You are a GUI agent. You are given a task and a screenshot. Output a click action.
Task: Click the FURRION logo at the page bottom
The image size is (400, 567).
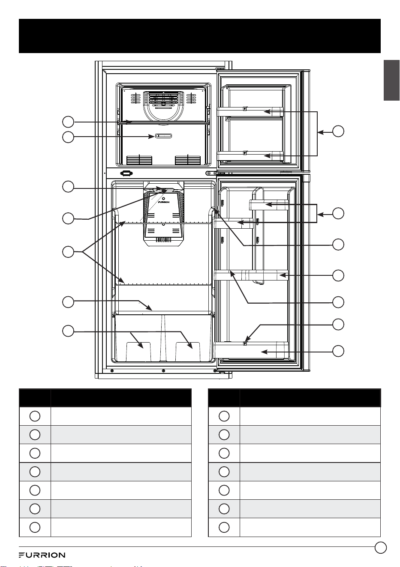point(42,555)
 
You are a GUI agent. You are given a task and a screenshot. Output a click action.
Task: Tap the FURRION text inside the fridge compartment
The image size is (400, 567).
point(163,202)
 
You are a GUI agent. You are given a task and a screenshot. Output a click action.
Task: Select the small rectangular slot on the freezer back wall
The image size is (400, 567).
point(163,136)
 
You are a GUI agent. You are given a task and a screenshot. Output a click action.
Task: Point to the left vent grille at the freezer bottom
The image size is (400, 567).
point(139,160)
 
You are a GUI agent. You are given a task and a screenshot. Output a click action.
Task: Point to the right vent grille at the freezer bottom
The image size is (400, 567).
point(188,160)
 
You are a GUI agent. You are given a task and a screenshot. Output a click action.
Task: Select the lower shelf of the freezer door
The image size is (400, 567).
point(250,156)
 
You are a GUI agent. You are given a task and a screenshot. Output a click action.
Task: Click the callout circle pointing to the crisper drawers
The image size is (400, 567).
point(68,331)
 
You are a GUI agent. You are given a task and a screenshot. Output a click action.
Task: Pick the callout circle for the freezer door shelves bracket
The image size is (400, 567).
point(338,131)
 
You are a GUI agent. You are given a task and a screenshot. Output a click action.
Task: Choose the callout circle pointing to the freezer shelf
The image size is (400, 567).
point(68,122)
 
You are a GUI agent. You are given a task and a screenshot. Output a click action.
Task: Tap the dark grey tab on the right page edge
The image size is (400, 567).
point(391,80)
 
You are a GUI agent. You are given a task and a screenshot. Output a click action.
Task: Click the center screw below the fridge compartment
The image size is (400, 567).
point(163,371)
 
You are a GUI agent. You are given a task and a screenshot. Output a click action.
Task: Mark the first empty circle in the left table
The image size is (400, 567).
point(35,416)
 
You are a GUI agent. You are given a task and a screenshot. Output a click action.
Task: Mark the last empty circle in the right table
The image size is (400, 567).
point(224,527)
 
